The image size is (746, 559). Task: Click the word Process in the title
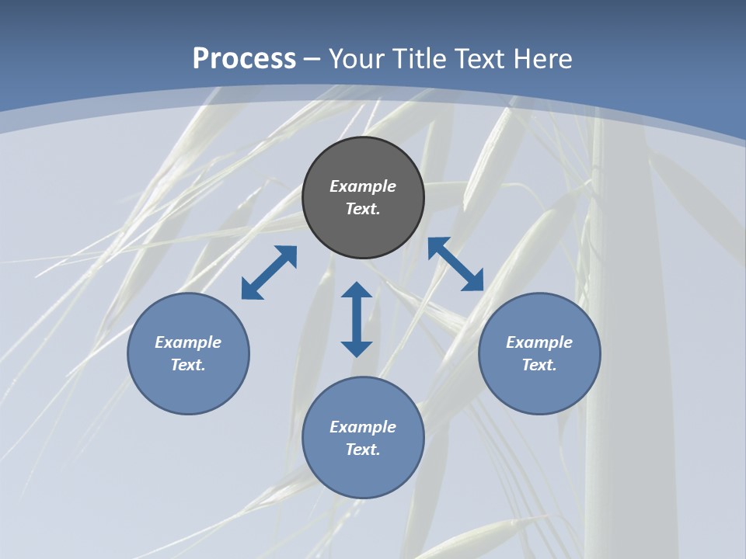[244, 59]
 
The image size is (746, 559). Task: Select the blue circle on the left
[188, 388]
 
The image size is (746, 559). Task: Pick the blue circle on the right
[539, 388]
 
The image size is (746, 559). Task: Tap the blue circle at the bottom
[363, 474]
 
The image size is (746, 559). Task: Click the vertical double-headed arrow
[357, 319]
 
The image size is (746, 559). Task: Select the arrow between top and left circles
[269, 273]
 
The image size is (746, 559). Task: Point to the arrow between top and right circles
[455, 265]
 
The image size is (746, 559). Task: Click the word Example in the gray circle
[363, 186]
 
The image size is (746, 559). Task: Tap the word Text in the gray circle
[361, 209]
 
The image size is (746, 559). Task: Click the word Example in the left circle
[188, 342]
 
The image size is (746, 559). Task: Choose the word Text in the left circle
[186, 365]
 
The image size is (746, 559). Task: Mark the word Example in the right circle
[539, 342]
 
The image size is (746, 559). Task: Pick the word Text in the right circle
[538, 365]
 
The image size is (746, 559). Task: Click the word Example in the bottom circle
[363, 427]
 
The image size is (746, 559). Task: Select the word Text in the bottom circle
[361, 450]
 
